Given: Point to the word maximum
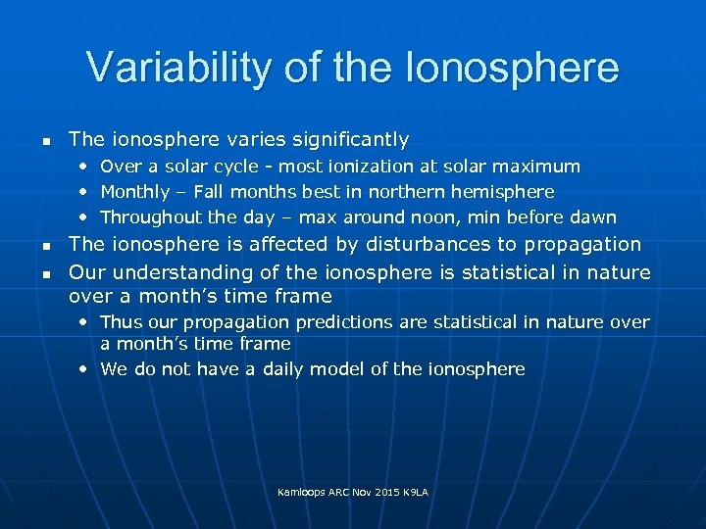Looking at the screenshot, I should click(x=539, y=167).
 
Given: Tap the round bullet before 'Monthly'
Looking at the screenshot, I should click(x=83, y=192).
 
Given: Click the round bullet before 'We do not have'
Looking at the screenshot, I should click(x=83, y=369).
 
